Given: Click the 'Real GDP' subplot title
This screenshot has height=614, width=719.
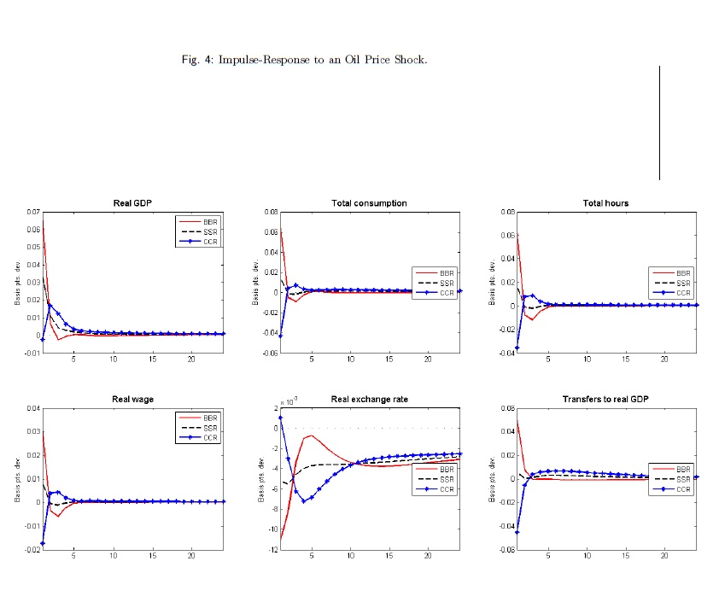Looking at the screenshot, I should pyautogui.click(x=132, y=203).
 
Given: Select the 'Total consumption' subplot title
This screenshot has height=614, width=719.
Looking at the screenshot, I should pyautogui.click(x=369, y=203).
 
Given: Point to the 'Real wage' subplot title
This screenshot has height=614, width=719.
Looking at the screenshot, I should pyautogui.click(x=132, y=400).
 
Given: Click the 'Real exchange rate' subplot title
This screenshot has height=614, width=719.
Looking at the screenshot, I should pyautogui.click(x=369, y=400).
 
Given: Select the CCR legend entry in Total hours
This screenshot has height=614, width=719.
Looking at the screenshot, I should pyautogui.click(x=683, y=292).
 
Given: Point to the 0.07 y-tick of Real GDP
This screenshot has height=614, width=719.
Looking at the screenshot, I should pyautogui.click(x=32, y=212).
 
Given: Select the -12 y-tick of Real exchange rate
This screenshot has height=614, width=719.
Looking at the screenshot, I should pyautogui.click(x=272, y=550).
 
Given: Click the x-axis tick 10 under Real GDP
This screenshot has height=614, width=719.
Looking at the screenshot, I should pyautogui.click(x=114, y=361).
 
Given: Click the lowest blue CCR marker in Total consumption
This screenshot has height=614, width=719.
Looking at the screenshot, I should pyautogui.click(x=280, y=336).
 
